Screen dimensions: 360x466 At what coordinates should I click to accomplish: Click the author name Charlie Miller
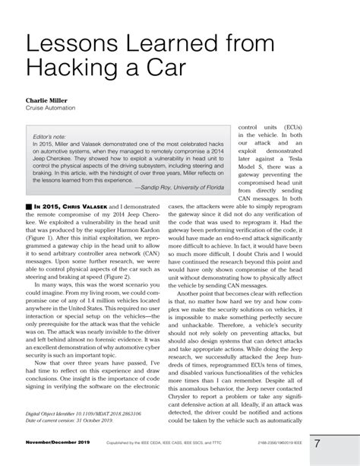point(51,100)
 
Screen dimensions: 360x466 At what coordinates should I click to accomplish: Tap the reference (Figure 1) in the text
point(43,237)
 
